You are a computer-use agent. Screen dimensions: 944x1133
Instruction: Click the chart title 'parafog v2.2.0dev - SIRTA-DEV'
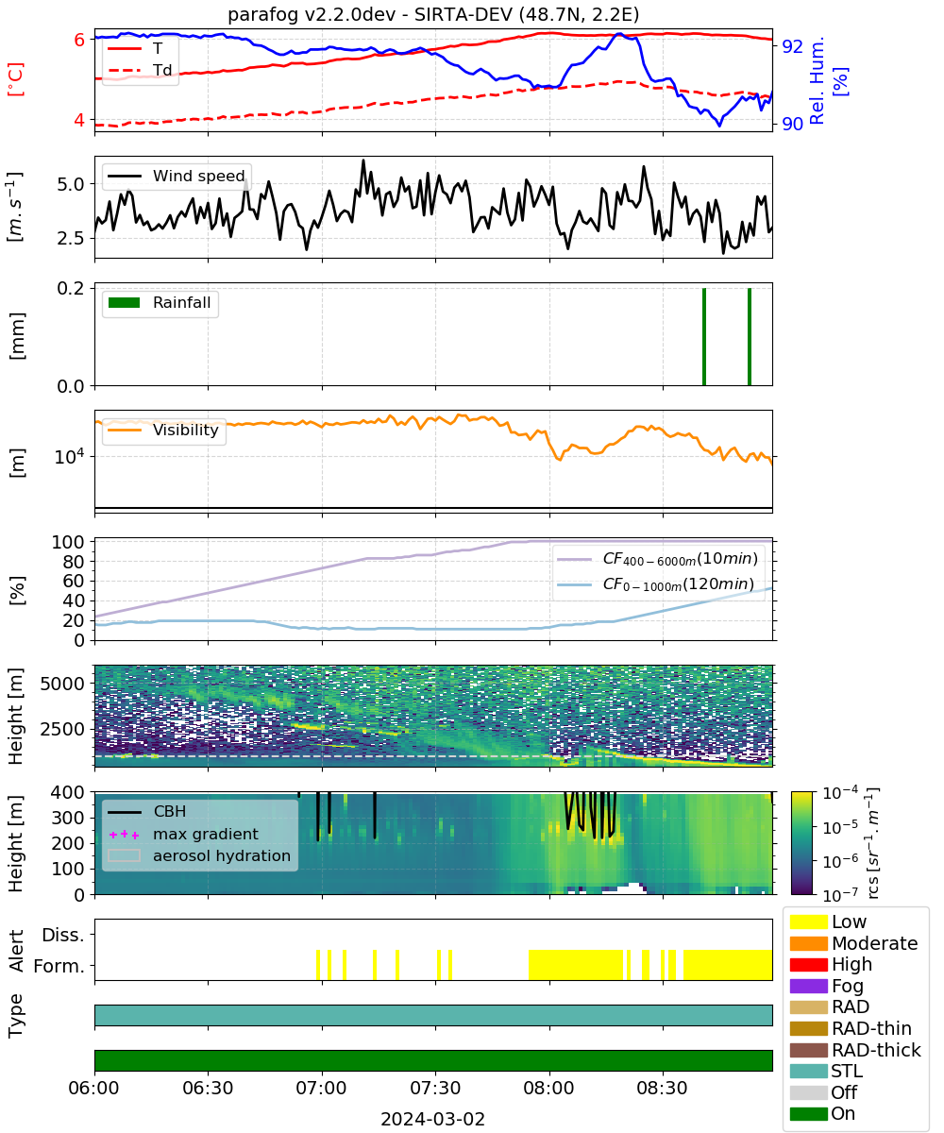point(370,14)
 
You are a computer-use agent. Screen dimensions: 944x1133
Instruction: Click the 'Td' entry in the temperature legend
point(140,70)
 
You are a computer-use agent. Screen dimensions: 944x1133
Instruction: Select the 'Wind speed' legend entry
point(177,176)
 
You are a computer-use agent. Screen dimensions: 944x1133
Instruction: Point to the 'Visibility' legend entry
point(162,430)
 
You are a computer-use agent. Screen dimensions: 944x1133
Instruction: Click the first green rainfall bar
point(703,336)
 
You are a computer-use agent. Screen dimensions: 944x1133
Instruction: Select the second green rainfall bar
point(750,336)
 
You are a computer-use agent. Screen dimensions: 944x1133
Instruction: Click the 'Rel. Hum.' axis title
point(818,81)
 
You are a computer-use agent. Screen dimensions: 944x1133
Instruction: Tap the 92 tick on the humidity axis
point(792,46)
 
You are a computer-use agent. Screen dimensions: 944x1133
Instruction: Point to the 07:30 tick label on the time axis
point(435,1088)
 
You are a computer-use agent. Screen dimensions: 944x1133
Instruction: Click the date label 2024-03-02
point(432,1119)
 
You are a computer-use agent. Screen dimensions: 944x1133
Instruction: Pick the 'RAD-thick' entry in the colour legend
point(855,1049)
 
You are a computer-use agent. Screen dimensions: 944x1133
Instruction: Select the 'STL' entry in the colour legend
point(826,1071)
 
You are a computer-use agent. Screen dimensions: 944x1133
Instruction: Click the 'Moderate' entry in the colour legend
point(853,942)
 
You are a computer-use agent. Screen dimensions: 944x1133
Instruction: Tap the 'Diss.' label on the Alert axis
point(63,935)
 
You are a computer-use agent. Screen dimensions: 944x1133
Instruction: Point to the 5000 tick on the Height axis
point(62,684)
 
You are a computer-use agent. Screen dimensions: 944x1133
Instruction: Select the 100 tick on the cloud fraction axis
point(68,542)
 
